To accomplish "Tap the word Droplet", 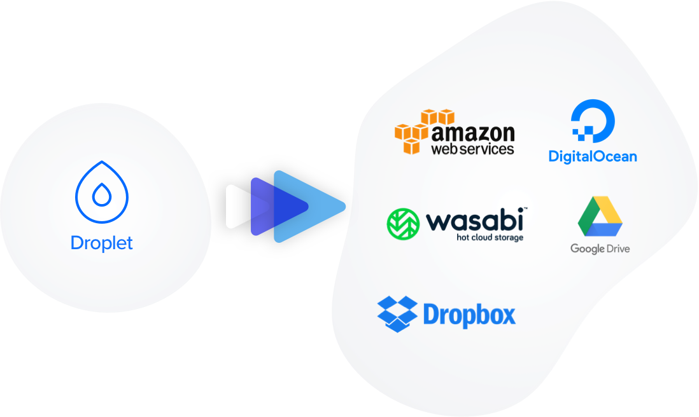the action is [x=102, y=243].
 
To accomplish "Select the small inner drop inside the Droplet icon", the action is [x=102, y=195].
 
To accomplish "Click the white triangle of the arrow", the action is [x=236, y=207].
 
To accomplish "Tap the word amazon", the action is [x=473, y=133].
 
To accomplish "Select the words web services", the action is [x=472, y=149].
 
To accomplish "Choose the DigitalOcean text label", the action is [x=593, y=156].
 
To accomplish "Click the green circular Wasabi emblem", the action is [x=403, y=224].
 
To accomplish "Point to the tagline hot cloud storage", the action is [x=490, y=238].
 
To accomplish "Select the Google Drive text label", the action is [x=600, y=249].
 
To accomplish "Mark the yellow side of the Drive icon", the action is [x=611, y=210].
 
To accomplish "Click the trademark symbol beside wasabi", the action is [x=526, y=208].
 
